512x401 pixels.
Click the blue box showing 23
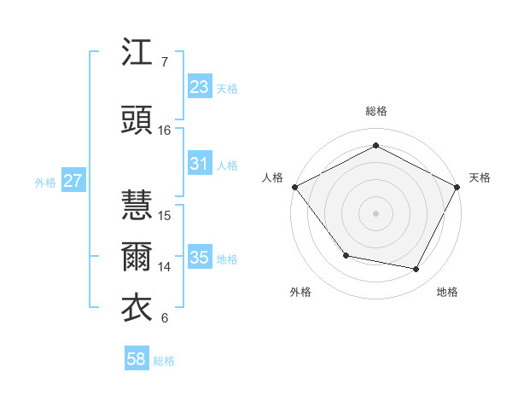pos(199,87)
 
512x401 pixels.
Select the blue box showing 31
pos(199,164)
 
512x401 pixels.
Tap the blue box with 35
pos(199,258)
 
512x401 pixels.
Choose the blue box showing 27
pos(73,181)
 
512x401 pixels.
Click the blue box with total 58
pos(137,360)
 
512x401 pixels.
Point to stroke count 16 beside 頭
pos(165,131)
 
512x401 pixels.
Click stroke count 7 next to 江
pos(165,62)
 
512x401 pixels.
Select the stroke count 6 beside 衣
pos(165,318)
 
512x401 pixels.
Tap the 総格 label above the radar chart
pos(375,111)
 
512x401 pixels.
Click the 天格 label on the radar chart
pos(480,177)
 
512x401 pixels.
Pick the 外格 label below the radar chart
pos(300,292)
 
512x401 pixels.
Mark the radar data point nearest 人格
pos(294,187)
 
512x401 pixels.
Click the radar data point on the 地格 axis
pos(416,270)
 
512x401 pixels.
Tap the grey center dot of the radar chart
pos(375,212)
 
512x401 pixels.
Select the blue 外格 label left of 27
pos(44,182)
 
